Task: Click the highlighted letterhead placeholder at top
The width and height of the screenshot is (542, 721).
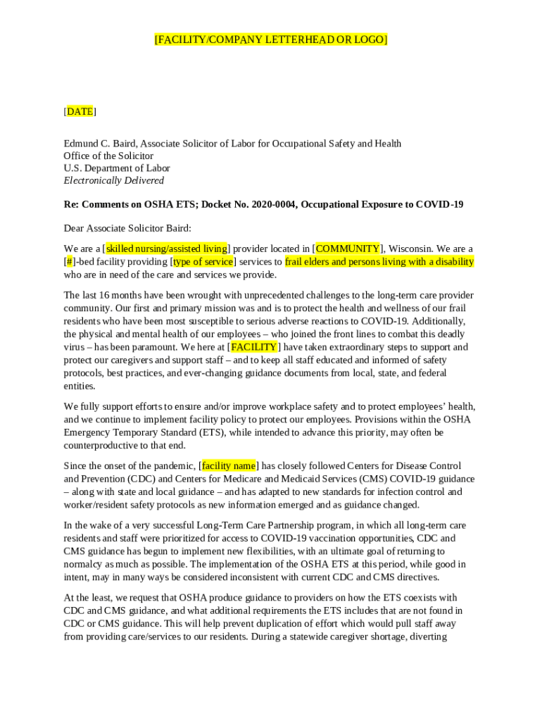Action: click(x=271, y=39)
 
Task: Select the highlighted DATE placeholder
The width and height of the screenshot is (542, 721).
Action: click(x=80, y=111)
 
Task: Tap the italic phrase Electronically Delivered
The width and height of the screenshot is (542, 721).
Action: click(x=113, y=180)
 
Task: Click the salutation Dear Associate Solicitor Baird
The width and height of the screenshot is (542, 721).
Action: click(x=127, y=228)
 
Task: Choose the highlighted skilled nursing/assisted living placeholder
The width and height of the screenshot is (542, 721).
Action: click(x=167, y=249)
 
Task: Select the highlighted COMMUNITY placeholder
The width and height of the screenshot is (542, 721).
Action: click(x=348, y=249)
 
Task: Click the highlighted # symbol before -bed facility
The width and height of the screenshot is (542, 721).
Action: click(x=69, y=262)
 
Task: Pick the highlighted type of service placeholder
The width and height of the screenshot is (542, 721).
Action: click(x=203, y=262)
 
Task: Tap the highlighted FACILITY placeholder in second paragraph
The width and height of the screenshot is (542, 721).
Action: click(x=253, y=347)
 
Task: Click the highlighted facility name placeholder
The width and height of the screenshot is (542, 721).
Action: click(x=229, y=465)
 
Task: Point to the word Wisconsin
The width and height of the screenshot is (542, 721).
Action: click(x=410, y=249)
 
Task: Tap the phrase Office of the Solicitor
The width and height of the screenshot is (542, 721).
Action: click(x=108, y=156)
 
